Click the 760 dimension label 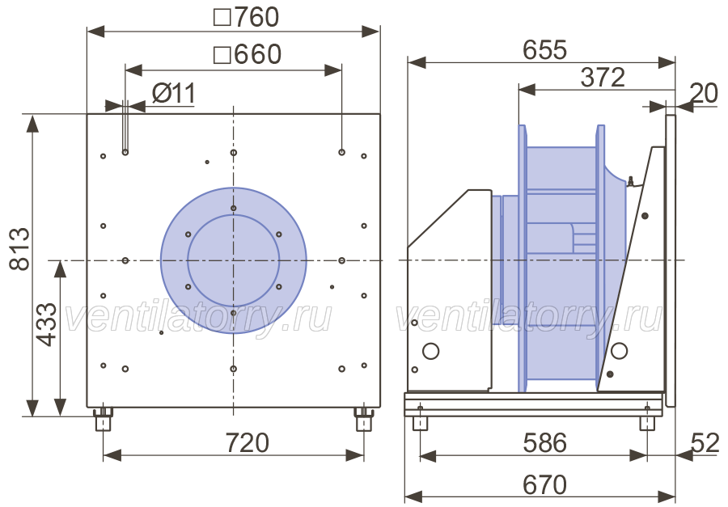tap(256, 17)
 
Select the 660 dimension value tap(258, 54)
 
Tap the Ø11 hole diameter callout tap(174, 94)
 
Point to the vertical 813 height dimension tap(19, 249)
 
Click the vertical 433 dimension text tap(46, 324)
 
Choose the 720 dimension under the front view tap(247, 443)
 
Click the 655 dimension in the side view tap(544, 49)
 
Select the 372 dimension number tap(603, 77)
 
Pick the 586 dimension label tap(544, 443)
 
